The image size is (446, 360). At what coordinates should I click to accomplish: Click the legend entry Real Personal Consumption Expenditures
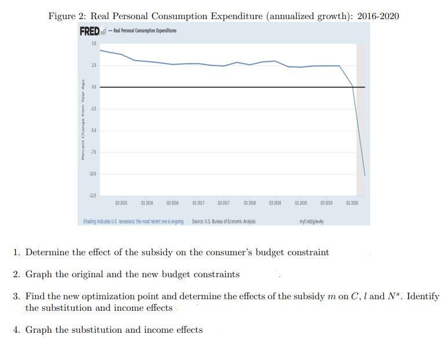138,31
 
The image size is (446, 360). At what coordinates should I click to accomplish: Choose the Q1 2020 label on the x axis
352,204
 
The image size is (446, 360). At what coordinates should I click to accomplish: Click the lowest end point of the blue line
364,175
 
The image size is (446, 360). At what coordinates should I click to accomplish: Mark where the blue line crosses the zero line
353,87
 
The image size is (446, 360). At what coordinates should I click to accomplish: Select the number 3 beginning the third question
17,296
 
